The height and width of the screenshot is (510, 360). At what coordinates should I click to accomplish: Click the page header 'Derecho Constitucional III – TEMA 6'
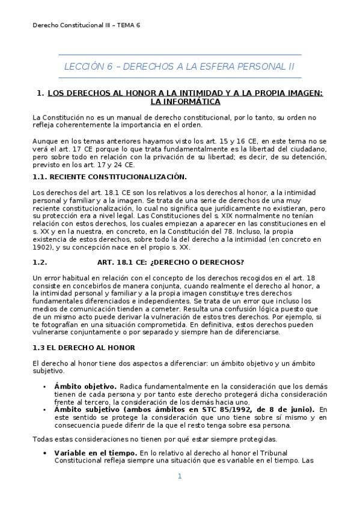click(85, 25)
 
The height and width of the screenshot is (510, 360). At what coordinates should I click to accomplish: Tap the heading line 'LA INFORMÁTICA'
click(180, 102)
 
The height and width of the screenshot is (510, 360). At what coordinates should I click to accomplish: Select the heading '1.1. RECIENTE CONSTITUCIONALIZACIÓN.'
click(109, 176)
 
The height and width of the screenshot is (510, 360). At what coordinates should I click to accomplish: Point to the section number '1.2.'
click(39, 262)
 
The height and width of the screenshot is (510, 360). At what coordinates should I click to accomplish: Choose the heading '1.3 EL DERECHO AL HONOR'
click(84, 348)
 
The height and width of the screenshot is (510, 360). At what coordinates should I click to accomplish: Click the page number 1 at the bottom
click(179, 476)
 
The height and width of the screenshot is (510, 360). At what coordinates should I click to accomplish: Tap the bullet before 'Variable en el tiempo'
click(44, 452)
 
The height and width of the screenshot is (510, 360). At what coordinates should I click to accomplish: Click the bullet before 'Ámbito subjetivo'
click(44, 410)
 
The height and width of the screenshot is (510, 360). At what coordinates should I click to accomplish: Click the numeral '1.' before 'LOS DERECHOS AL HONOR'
click(40, 93)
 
